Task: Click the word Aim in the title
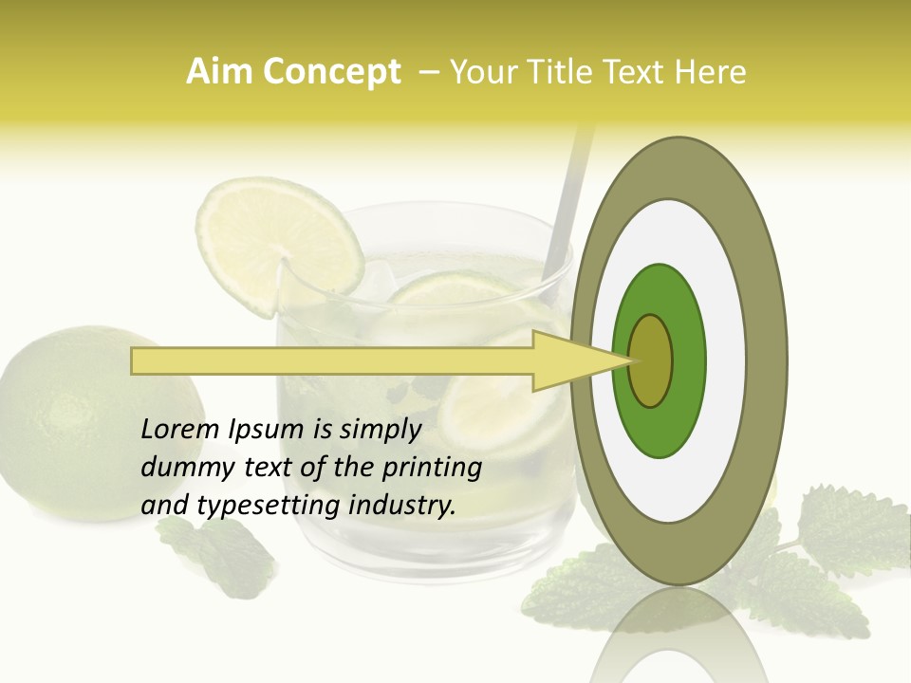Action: tap(218, 73)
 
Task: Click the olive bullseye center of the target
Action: tap(650, 360)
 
